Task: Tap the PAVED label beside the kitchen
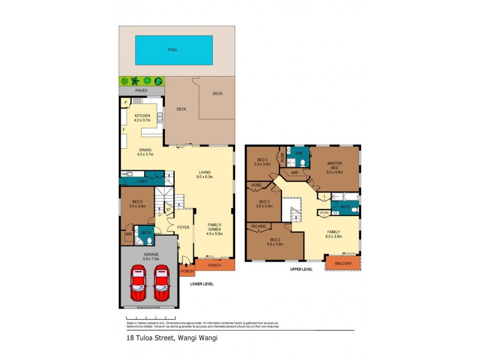[141, 91]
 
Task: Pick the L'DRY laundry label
[142, 181]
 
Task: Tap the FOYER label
[183, 227]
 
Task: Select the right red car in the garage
[162, 284]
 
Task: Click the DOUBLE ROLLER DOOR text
[149, 307]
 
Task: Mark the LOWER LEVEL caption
[201, 284]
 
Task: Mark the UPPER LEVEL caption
[301, 269]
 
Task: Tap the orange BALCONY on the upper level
[342, 262]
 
